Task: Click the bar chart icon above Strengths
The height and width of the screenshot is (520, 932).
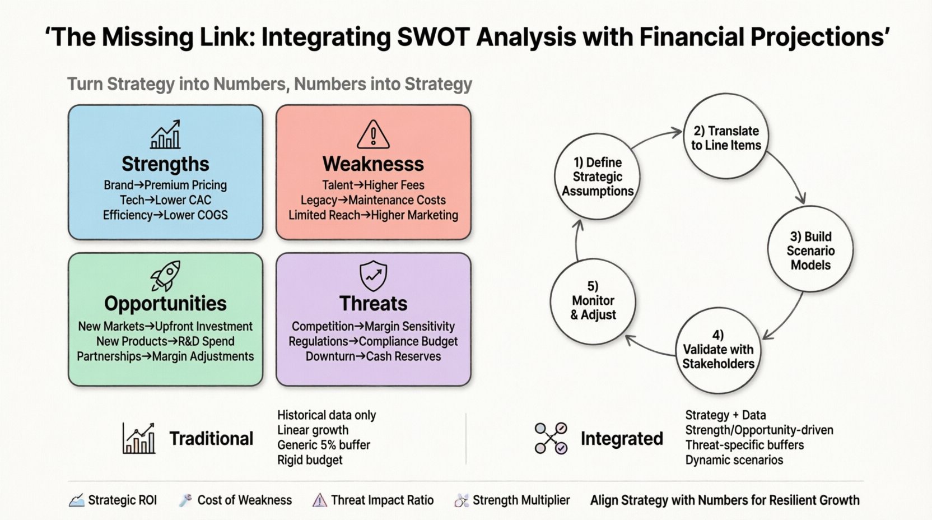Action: (x=165, y=134)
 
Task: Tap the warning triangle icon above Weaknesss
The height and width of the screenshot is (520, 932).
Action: (x=373, y=134)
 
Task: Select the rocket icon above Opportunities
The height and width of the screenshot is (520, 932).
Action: (x=165, y=276)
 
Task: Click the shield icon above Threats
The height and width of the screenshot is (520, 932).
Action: (x=373, y=275)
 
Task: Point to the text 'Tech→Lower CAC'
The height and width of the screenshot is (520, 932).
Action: (x=165, y=200)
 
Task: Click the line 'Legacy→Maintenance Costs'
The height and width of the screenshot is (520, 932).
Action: (x=373, y=200)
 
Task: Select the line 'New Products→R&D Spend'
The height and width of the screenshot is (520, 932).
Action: (x=165, y=341)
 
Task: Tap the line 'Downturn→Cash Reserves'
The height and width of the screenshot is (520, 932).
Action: (x=373, y=356)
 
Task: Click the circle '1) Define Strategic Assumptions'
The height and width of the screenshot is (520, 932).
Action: (x=597, y=177)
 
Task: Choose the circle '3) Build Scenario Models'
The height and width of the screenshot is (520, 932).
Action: (x=810, y=250)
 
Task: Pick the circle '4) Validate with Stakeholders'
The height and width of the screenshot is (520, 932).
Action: (x=718, y=350)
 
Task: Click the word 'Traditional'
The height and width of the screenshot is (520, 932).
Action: (x=211, y=438)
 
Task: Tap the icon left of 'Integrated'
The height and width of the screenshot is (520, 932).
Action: (x=551, y=438)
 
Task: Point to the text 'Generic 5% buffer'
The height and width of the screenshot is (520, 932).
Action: (x=324, y=445)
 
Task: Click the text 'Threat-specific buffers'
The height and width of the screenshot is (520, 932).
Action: (x=744, y=445)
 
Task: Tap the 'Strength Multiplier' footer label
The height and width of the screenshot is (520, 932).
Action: (x=521, y=500)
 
